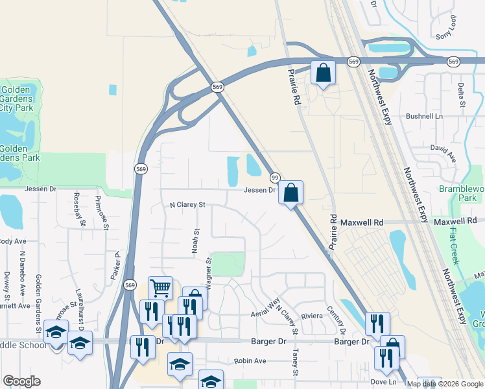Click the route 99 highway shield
click(x=275, y=178)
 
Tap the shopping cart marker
click(x=160, y=287)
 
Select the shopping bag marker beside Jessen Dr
click(x=291, y=192)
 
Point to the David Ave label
click(x=444, y=153)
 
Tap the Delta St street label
click(x=462, y=95)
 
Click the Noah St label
click(x=195, y=239)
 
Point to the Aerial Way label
click(x=266, y=308)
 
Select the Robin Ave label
click(x=250, y=360)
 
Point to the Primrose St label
click(x=102, y=211)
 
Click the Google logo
click(x=21, y=381)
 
